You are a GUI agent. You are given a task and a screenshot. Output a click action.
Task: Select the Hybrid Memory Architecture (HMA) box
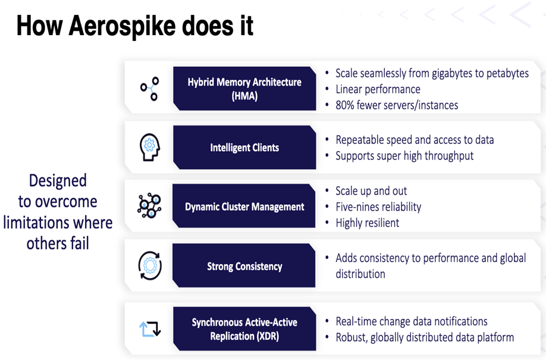click(x=244, y=89)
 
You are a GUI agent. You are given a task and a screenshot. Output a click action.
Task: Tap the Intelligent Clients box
click(x=244, y=148)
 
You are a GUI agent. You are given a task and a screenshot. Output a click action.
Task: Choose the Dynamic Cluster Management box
click(x=244, y=206)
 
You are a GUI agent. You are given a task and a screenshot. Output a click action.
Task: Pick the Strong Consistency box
click(x=244, y=265)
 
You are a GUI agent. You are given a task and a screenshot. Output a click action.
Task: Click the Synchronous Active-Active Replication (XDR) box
click(x=244, y=328)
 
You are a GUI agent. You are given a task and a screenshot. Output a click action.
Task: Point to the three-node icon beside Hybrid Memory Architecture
click(x=150, y=89)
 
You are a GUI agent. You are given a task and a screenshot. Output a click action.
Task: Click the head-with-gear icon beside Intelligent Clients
click(x=150, y=147)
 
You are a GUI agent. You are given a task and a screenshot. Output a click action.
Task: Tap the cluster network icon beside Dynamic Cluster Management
click(x=149, y=206)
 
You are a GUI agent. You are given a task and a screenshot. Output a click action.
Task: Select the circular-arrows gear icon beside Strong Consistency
click(x=150, y=265)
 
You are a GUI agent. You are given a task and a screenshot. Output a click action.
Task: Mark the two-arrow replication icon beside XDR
click(x=150, y=329)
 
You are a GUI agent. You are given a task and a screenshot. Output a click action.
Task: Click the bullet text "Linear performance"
click(x=378, y=89)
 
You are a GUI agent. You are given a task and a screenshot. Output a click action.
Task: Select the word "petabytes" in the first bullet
click(x=507, y=74)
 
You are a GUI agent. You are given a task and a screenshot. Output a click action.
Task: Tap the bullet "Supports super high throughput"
click(x=404, y=156)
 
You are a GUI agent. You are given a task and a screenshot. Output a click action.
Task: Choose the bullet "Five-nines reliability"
click(x=378, y=206)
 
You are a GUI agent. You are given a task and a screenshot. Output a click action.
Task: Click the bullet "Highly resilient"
click(x=368, y=223)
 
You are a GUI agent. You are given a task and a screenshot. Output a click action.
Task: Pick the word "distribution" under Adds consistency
click(x=360, y=274)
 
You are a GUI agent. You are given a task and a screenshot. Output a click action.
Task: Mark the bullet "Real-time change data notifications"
click(x=411, y=321)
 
